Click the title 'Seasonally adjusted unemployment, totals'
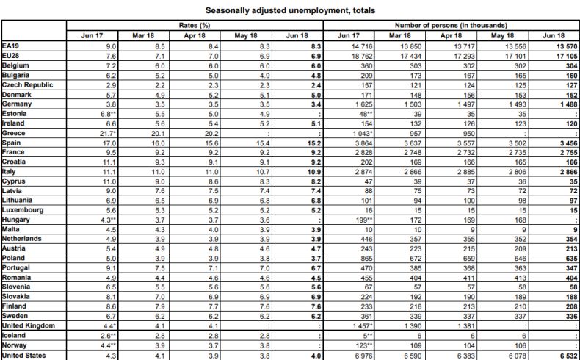click(x=289, y=10)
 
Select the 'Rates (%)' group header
click(x=195, y=26)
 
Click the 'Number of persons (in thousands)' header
click(x=451, y=26)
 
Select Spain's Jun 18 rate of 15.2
click(x=313, y=143)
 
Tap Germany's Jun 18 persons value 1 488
click(x=563, y=104)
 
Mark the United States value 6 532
click(x=563, y=356)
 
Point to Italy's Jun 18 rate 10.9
click(x=313, y=170)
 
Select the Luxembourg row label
click(x=23, y=209)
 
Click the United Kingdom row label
click(x=28, y=326)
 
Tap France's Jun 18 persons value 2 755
click(x=563, y=151)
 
